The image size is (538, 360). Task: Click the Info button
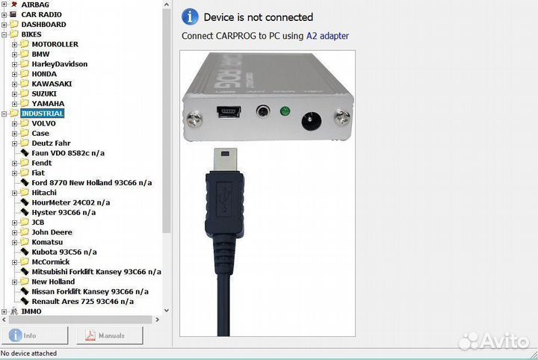[x=34, y=335]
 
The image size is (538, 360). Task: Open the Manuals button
[x=109, y=335]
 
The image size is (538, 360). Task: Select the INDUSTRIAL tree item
[x=42, y=114]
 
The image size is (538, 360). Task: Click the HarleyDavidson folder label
[x=59, y=64]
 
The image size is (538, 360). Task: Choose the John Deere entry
[x=52, y=232]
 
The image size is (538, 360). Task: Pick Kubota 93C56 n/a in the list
[x=64, y=252]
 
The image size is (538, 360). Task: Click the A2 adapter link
[x=327, y=36]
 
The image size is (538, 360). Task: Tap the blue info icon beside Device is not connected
[x=190, y=16]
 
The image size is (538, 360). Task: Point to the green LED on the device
[x=285, y=111]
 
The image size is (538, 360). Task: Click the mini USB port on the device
[x=229, y=111]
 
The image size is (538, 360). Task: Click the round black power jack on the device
[x=311, y=121]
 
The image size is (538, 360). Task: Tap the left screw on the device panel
[x=194, y=119]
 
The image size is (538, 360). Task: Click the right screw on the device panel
[x=342, y=117]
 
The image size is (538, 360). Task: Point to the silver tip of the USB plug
[x=225, y=160]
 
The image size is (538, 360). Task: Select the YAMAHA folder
[x=48, y=104]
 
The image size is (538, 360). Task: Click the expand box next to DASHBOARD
[x=4, y=25]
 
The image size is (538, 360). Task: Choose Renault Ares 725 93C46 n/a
[x=83, y=302]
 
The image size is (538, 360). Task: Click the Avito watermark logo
[x=493, y=341]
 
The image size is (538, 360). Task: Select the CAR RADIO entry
[x=41, y=15]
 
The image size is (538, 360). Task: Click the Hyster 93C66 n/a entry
[x=64, y=213]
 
